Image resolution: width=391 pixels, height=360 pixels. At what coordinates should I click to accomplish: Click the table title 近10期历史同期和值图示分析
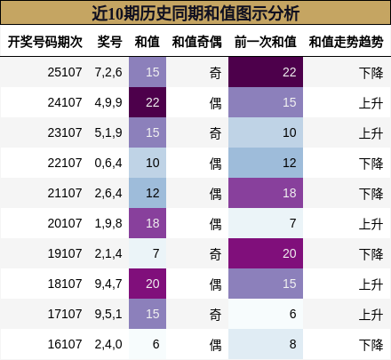[195, 14]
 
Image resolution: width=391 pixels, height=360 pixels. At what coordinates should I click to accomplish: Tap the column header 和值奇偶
[196, 42]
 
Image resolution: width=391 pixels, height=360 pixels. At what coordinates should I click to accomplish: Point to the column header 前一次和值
[264, 42]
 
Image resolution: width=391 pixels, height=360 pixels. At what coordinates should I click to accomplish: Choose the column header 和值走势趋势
[346, 42]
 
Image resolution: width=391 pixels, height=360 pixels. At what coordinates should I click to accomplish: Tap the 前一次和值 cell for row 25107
[265, 72]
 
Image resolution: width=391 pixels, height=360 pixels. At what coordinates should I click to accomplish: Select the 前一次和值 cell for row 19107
[265, 253]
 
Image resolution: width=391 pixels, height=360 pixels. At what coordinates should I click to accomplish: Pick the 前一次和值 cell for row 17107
[265, 314]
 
